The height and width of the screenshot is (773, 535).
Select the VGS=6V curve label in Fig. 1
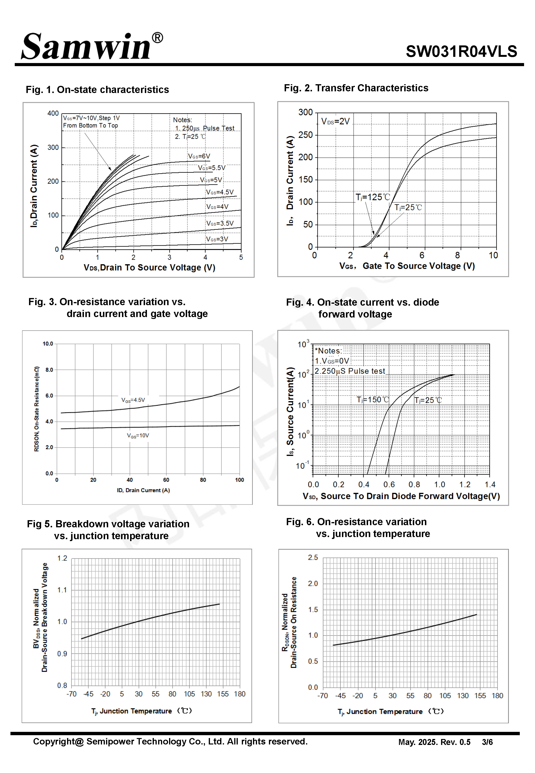coord(199,156)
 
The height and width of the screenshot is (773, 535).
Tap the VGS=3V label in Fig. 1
coord(217,239)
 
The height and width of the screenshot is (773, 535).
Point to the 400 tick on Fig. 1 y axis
coord(53,113)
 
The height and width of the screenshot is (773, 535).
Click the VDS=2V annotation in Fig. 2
coord(335,121)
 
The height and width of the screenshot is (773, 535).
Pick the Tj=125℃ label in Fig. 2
coord(373,197)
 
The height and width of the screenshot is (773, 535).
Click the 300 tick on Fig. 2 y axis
coord(305,112)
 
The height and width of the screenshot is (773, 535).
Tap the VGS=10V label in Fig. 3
coord(138,435)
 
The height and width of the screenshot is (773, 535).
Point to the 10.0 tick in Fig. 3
coord(48,344)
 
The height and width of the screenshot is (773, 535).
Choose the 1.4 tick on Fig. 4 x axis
coord(490,484)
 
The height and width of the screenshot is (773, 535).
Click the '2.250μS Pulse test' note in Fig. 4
coord(350,371)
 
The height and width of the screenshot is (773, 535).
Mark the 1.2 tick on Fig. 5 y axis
coord(62,558)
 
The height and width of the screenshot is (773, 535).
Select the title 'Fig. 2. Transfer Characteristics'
coord(356,88)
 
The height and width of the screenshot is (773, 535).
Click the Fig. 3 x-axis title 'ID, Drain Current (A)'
coord(143,490)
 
